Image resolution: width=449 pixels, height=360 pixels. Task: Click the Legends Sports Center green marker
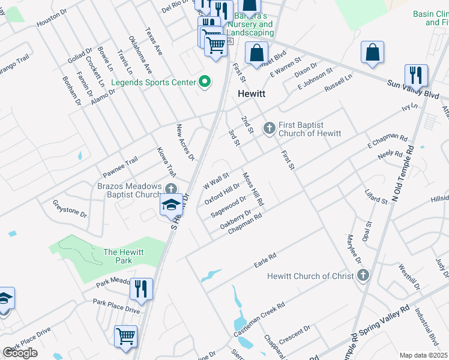(x=205, y=82)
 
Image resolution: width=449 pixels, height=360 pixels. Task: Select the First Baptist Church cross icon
(x=269, y=128)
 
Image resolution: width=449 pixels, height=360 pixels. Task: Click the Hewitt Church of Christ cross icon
(x=362, y=276)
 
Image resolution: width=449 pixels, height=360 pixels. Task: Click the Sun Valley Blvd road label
(x=414, y=89)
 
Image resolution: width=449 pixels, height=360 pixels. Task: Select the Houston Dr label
(x=50, y=20)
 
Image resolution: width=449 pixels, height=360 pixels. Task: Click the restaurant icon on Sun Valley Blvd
(x=416, y=75)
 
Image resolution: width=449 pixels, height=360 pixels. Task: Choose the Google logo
(x=20, y=353)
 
